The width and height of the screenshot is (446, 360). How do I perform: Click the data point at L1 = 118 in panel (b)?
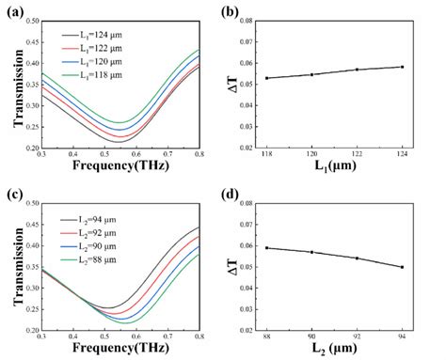267,78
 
